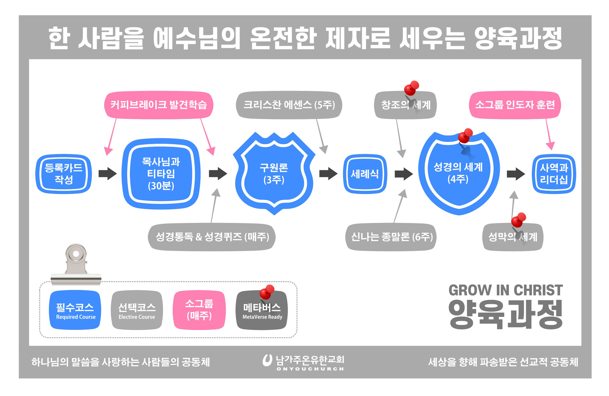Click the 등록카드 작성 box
[x=63, y=174]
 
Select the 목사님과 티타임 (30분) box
[x=161, y=174]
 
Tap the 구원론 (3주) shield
[x=274, y=174]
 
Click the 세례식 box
[x=365, y=174]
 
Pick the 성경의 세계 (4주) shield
[x=458, y=174]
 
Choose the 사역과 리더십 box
[x=553, y=174]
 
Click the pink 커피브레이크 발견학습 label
[x=159, y=105]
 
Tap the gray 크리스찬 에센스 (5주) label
[x=289, y=105]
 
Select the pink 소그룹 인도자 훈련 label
[x=515, y=105]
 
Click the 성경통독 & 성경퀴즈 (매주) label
[x=212, y=237]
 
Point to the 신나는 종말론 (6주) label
[x=391, y=237]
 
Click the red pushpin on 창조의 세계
[x=412, y=88]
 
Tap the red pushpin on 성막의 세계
[x=519, y=220]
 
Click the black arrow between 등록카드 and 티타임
[x=108, y=174]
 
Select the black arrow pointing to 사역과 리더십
[x=516, y=174]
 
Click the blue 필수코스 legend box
[x=75, y=310]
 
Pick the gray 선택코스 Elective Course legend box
[x=137, y=310]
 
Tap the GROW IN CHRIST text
[x=506, y=290]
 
